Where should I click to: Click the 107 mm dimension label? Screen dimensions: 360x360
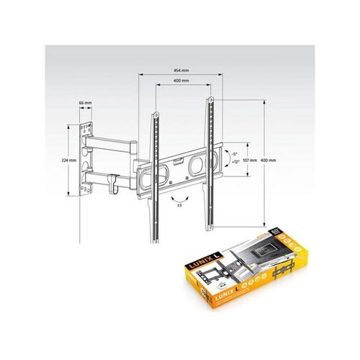click(250, 160)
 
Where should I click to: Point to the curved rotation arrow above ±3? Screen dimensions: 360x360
click(176, 195)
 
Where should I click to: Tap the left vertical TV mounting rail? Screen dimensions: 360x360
click(153, 173)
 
